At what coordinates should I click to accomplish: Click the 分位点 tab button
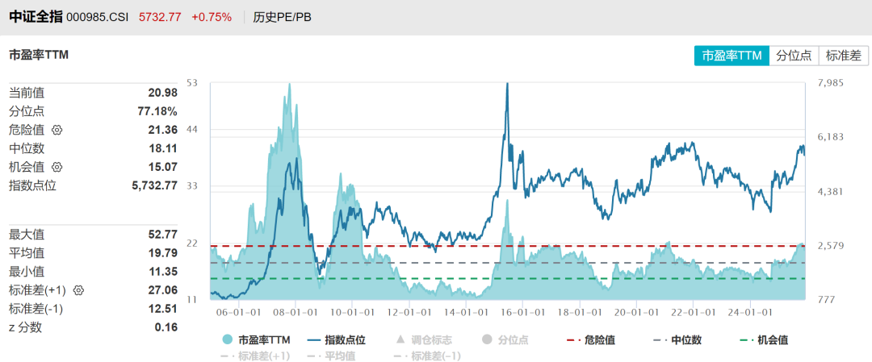[x=794, y=56]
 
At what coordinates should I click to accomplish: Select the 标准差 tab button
[x=843, y=56]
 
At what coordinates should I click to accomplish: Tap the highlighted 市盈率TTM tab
[x=732, y=56]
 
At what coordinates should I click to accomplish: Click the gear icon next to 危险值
[x=57, y=130]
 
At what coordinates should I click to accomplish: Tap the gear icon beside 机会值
[x=57, y=167]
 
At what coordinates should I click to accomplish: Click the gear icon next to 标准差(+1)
[x=79, y=289]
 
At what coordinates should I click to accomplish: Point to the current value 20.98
[x=162, y=93]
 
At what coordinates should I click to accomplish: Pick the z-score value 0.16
[x=166, y=327]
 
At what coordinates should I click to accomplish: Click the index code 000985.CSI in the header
[x=98, y=17]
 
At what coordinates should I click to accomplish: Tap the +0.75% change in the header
[x=212, y=17]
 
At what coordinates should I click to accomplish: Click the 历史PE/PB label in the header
[x=282, y=17]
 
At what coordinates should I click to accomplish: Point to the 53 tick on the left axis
[x=192, y=83]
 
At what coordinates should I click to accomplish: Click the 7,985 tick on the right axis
[x=831, y=83]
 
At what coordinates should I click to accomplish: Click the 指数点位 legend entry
[x=338, y=340]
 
